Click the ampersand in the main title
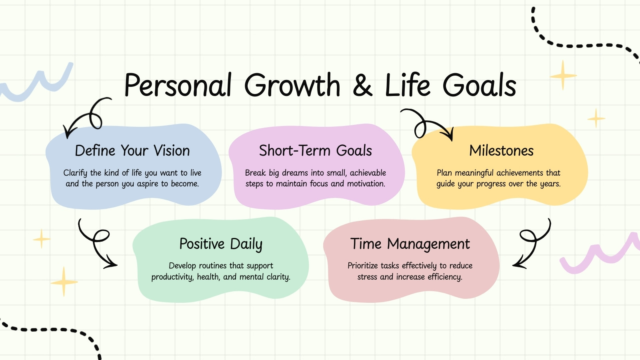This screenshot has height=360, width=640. point(362,85)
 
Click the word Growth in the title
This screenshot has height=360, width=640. point(292,85)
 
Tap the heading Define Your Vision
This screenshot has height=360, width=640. point(132,150)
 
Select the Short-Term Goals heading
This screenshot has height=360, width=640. point(316,150)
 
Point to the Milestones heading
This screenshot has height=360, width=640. point(502,150)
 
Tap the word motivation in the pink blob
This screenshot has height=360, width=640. point(366,184)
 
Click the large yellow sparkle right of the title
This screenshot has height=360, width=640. point(563,76)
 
